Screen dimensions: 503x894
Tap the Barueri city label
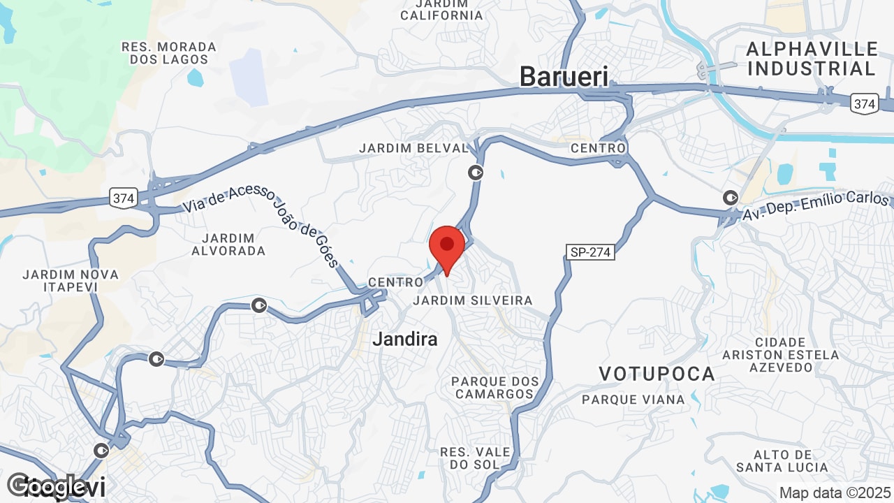click(564, 77)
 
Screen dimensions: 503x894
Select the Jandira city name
click(405, 340)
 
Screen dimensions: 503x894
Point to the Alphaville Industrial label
click(812, 59)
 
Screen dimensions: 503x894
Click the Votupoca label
click(657, 374)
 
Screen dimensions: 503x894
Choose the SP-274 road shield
click(590, 252)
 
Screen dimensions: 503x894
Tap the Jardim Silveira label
click(472, 300)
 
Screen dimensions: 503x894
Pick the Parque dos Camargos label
click(495, 388)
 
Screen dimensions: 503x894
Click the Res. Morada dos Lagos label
click(169, 53)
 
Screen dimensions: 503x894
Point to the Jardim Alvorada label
click(228, 243)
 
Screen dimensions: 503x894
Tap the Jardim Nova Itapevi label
click(71, 280)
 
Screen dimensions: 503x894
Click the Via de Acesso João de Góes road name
click(261, 225)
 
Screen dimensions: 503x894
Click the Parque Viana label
click(633, 400)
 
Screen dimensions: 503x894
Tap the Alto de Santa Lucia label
click(782, 460)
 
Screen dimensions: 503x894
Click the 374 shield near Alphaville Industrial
click(864, 104)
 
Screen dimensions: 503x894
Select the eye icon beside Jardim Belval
click(476, 172)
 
